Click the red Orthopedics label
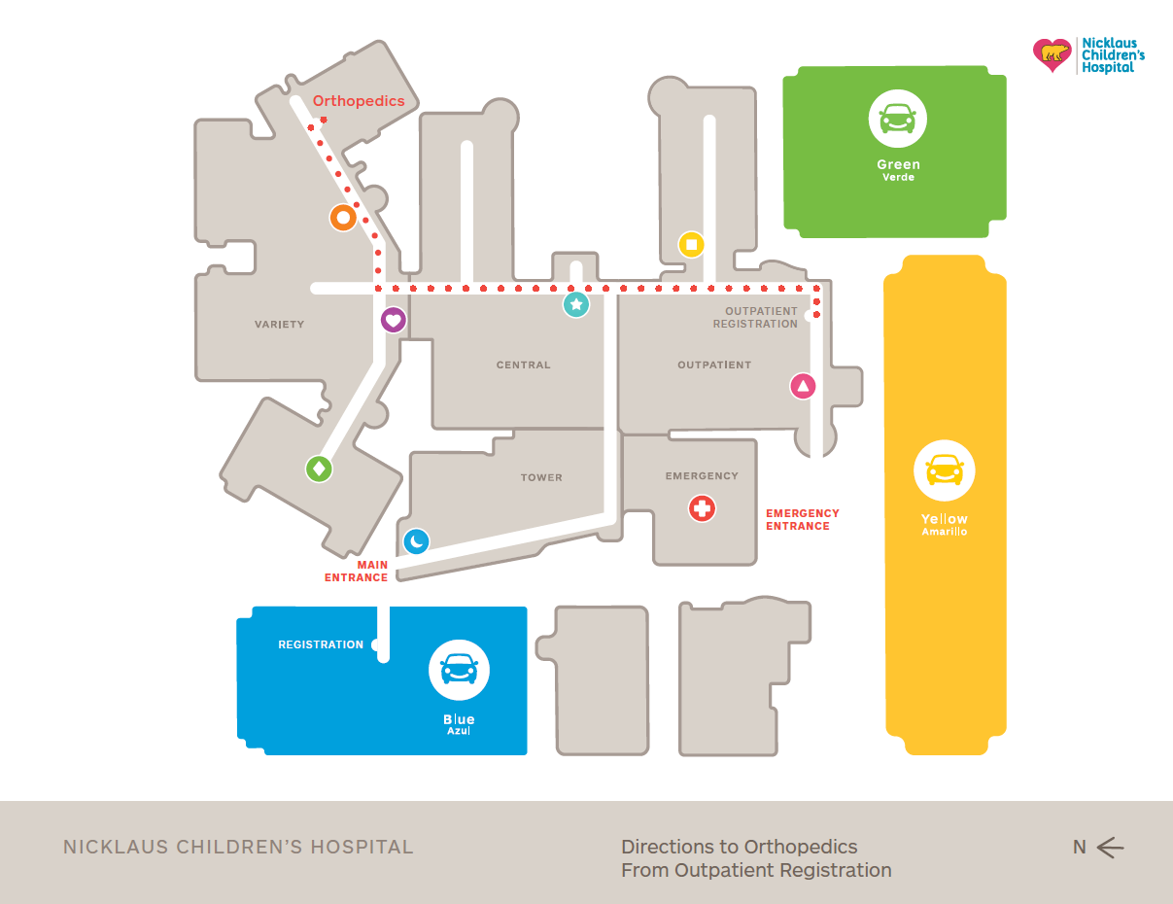click(358, 101)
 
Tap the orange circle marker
click(342, 218)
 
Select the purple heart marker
click(393, 320)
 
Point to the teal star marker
click(576, 305)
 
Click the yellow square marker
click(691, 244)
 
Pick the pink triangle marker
click(803, 387)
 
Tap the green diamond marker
click(319, 469)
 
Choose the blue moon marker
click(416, 541)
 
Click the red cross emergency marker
click(702, 507)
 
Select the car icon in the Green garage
click(897, 119)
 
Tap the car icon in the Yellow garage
click(944, 470)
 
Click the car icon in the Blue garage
click(459, 670)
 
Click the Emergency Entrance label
click(803, 520)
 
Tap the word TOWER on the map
click(541, 478)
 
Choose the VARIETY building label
click(280, 325)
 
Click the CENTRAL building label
click(524, 365)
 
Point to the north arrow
click(1109, 848)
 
